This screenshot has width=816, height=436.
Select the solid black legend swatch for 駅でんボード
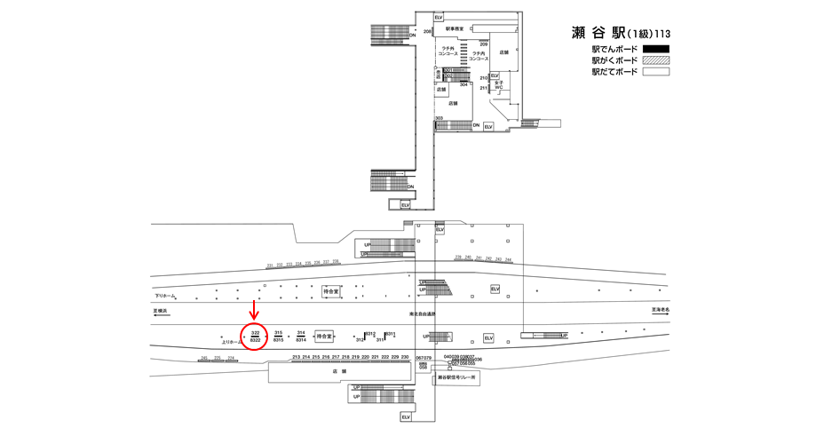[x=655, y=49]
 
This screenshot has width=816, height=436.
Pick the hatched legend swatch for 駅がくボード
[x=655, y=60]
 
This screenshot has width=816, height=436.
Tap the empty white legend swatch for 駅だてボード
[x=655, y=72]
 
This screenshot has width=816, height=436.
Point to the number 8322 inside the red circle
[x=255, y=340]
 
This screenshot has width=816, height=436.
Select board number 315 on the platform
[x=278, y=332]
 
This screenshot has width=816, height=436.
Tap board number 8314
[x=301, y=340]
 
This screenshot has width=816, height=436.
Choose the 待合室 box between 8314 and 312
[x=325, y=337]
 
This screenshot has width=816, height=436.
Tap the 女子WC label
[x=498, y=85]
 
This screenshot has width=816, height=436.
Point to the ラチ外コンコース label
[x=448, y=52]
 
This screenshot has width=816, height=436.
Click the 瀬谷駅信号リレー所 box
[x=457, y=377]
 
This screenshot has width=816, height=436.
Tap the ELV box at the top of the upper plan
[x=439, y=17]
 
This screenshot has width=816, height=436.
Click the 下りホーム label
[x=165, y=296]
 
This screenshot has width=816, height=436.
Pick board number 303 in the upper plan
[x=439, y=118]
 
